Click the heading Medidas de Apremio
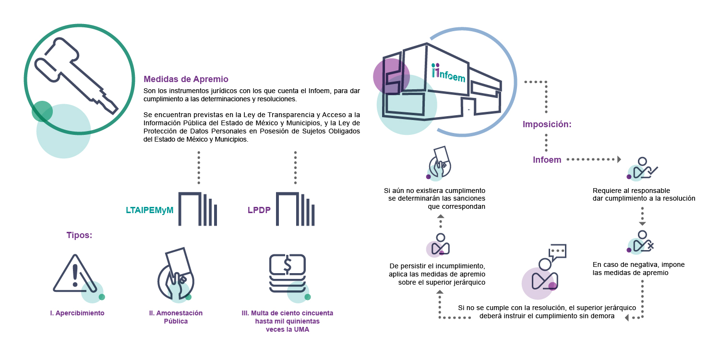pyautogui.click(x=186, y=79)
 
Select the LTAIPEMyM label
pyautogui.click(x=149, y=210)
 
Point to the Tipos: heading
pyautogui.click(x=79, y=235)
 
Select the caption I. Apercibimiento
pyautogui.click(x=77, y=313)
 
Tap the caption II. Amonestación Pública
pyautogui.click(x=176, y=317)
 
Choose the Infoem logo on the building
pyautogui.click(x=448, y=73)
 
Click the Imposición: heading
pyautogui.click(x=547, y=125)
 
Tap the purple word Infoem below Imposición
pyautogui.click(x=547, y=160)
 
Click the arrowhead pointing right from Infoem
pyautogui.click(x=619, y=159)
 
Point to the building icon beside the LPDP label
pyautogui.click(x=296, y=209)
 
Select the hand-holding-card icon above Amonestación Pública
pyautogui.click(x=176, y=274)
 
